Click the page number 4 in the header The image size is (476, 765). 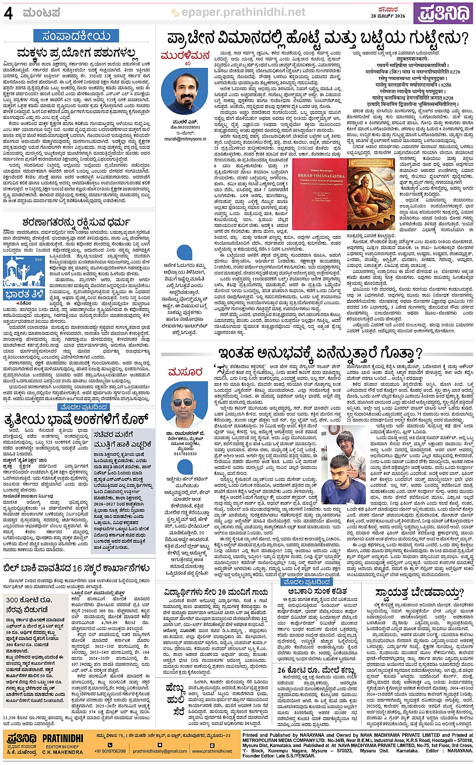[9, 13]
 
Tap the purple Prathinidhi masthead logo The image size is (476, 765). [443, 13]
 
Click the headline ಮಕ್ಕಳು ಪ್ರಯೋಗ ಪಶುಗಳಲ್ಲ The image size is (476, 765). [77, 53]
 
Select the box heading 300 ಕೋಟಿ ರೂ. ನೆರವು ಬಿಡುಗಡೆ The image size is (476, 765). [29, 604]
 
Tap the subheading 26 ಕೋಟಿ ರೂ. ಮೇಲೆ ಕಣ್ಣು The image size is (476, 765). [316, 670]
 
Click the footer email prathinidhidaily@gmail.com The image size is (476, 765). [160, 751]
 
